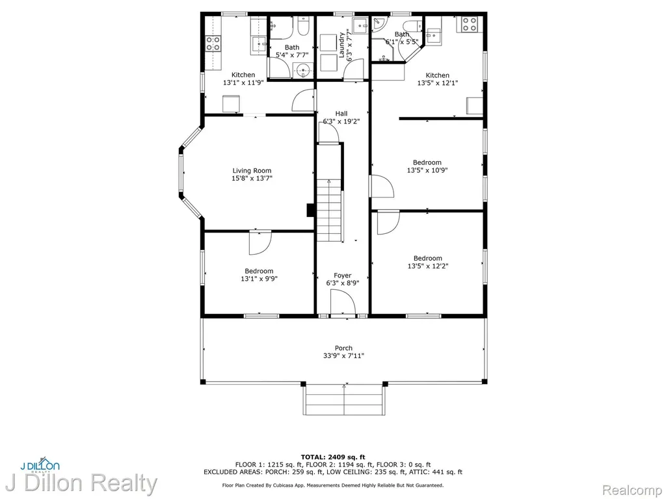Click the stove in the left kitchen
click(x=213, y=44)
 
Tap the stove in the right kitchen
click(x=470, y=24)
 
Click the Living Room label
click(x=252, y=171)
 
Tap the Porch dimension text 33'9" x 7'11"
click(x=343, y=355)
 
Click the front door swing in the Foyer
click(x=342, y=302)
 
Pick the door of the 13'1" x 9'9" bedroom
click(x=260, y=243)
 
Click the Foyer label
click(x=342, y=275)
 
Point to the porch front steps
click(x=344, y=400)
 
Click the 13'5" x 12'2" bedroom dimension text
click(x=428, y=266)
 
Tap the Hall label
click(x=341, y=113)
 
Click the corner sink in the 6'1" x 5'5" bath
click(x=378, y=23)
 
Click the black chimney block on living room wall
click(x=310, y=211)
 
